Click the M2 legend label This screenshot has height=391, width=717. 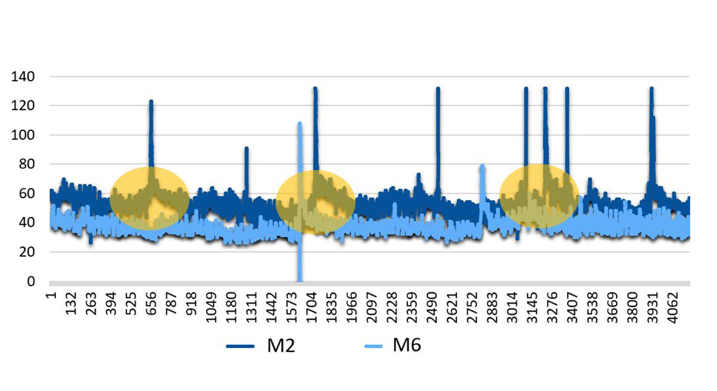coord(281,345)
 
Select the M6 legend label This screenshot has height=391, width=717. coord(407,345)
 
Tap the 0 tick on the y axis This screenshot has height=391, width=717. coord(30,282)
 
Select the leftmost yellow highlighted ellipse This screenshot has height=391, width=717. coord(149,199)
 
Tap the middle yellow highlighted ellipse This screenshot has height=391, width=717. coord(315,201)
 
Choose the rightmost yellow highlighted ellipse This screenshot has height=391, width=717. coord(539,195)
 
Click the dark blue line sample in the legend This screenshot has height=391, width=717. coord(243,346)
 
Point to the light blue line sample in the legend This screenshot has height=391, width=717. coord(369,346)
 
